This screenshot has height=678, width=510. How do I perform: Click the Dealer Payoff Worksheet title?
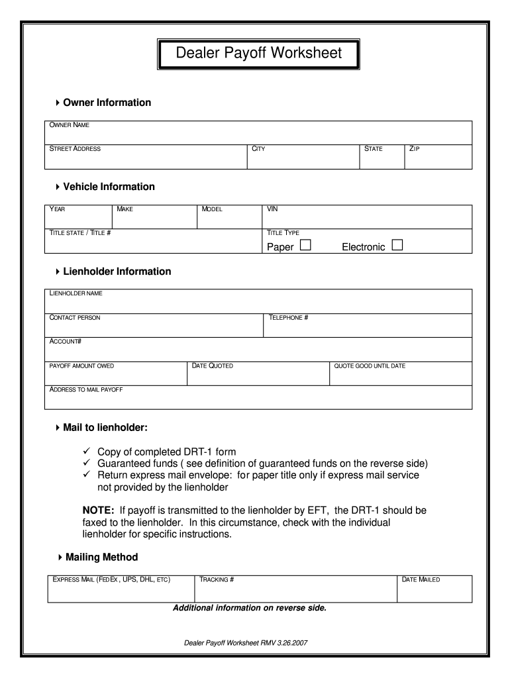coord(258,54)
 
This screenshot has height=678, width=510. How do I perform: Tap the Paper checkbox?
coord(305,246)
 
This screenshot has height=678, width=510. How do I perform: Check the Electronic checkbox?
coord(397,246)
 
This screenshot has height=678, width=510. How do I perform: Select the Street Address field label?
coord(76,149)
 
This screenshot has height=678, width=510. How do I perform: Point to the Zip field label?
coord(415,149)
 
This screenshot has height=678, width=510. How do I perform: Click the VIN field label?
coord(272,209)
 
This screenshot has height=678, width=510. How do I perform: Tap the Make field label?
coord(125,209)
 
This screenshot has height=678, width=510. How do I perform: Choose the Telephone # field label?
coord(289,318)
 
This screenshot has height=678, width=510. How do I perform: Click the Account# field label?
coord(66,342)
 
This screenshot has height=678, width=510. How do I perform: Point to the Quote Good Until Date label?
coord(370,366)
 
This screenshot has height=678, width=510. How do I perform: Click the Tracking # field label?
coord(217,580)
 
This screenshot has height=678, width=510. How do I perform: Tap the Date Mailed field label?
coord(421,580)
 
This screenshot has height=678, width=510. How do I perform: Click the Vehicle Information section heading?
coord(109,187)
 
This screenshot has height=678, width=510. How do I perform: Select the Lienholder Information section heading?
coord(117,271)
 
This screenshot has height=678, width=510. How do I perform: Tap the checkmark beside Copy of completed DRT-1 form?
coord(86,452)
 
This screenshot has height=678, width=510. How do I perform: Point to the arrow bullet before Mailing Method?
coord(59,557)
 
